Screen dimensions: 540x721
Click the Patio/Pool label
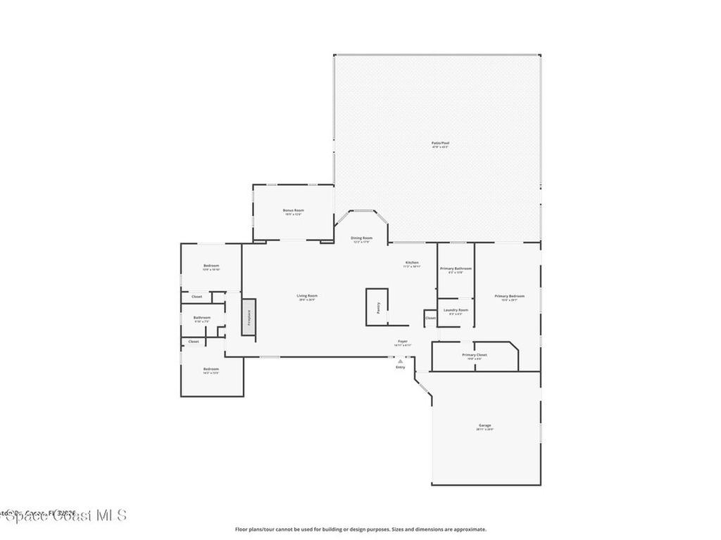click(440, 143)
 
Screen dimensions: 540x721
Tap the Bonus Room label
click(293, 210)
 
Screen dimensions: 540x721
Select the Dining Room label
click(362, 238)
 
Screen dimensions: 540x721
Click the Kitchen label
click(412, 263)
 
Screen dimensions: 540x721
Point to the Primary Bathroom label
click(456, 269)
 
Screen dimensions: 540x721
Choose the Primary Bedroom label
click(509, 296)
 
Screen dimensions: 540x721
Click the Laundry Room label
click(456, 310)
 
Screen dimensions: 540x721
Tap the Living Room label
click(307, 296)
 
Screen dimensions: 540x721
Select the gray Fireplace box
click(249, 317)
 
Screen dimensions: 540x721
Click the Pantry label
click(378, 308)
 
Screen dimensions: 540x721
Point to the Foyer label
click(403, 342)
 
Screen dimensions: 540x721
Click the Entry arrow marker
click(400, 361)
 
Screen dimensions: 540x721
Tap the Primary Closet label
click(474, 355)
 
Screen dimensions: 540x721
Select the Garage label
click(484, 426)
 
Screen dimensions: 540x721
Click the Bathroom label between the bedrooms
click(202, 318)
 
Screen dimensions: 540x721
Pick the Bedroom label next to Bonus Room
click(211, 266)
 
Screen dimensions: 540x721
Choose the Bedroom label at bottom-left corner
click(211, 369)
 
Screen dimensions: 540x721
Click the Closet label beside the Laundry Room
click(430, 318)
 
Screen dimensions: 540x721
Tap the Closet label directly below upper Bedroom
click(196, 297)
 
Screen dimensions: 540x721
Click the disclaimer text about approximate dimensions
click(360, 529)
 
